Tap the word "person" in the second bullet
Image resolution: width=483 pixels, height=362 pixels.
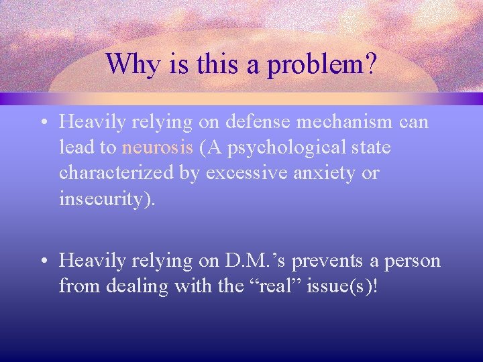pyautogui.click(x=415, y=261)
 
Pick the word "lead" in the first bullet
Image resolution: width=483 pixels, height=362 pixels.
pyautogui.click(x=75, y=147)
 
